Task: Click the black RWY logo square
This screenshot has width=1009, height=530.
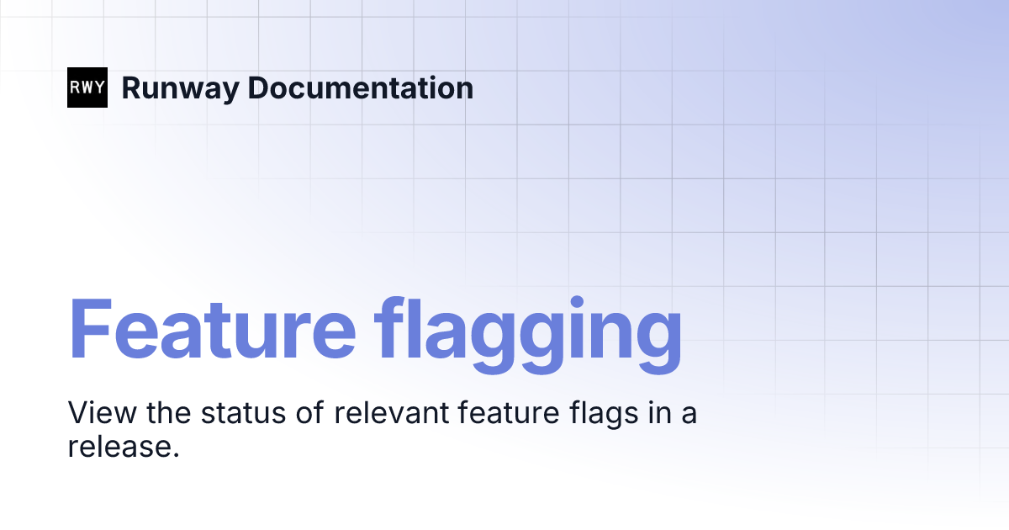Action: tap(87, 87)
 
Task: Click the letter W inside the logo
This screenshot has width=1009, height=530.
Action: tap(87, 87)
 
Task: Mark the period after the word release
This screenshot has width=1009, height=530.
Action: tap(177, 455)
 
